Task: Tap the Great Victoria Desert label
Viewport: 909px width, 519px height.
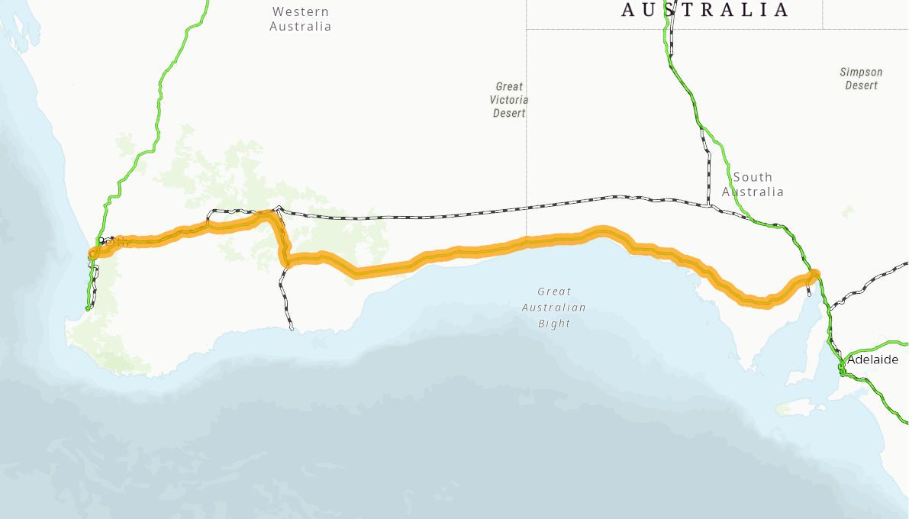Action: tap(510, 100)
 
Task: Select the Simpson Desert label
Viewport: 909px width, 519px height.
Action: tap(861, 79)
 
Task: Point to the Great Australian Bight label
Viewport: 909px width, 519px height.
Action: tap(554, 308)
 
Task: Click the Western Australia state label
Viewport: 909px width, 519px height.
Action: tap(300, 19)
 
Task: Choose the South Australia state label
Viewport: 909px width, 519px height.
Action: tap(753, 184)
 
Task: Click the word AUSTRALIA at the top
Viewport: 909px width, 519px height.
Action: tap(704, 10)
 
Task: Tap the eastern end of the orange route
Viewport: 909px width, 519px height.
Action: tap(814, 275)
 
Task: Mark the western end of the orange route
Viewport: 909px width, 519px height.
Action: tap(94, 253)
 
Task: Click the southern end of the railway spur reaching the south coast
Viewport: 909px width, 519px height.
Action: tap(292, 328)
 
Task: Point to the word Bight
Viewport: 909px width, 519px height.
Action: tap(554, 324)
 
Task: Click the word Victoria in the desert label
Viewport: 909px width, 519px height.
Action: tap(510, 100)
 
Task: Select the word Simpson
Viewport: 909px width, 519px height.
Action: tap(861, 72)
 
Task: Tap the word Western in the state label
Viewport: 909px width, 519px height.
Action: tap(300, 11)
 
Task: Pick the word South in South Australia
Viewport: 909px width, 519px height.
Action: tap(753, 177)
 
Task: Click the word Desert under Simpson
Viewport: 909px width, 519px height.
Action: tap(861, 85)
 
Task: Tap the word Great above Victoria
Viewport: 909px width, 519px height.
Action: tap(509, 87)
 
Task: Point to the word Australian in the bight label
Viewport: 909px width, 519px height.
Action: tap(554, 308)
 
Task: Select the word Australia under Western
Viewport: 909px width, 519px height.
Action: tap(300, 27)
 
